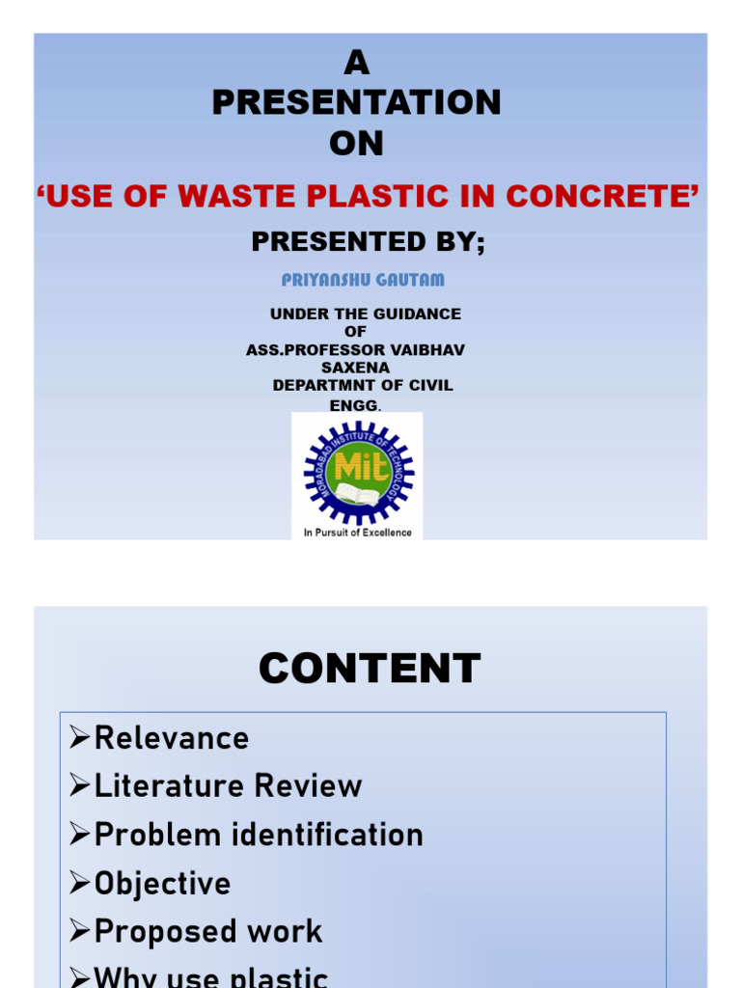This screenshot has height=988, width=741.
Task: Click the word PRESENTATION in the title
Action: (x=356, y=102)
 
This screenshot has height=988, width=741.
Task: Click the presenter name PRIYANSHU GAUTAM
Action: (x=363, y=280)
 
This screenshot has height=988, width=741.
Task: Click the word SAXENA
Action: (x=355, y=368)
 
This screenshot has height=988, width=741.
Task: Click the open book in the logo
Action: (x=358, y=494)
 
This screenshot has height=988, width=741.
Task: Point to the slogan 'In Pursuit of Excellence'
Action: (x=357, y=533)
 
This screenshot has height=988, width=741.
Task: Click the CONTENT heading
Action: (x=370, y=669)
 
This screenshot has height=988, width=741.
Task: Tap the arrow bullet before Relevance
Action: (x=80, y=736)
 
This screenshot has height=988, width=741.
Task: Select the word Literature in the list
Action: (x=169, y=785)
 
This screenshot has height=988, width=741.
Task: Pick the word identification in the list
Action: (x=328, y=835)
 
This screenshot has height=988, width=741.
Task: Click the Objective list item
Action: (x=162, y=884)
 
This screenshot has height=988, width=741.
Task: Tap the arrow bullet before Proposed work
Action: (x=80, y=931)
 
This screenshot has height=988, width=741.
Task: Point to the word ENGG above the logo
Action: (x=355, y=405)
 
